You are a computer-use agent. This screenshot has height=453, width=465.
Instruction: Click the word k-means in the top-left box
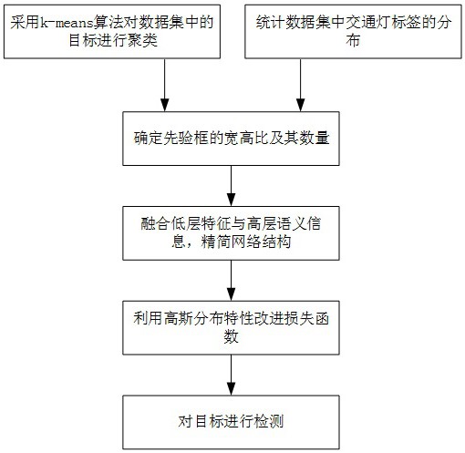point(67,23)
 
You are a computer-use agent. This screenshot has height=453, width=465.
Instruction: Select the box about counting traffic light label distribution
point(353,32)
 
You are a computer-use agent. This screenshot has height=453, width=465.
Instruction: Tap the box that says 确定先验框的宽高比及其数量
point(231,139)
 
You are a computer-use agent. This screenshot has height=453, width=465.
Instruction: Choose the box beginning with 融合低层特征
point(231,233)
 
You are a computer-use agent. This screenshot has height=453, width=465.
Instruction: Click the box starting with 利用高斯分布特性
point(231,328)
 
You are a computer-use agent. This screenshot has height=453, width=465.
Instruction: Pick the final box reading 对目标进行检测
point(231,422)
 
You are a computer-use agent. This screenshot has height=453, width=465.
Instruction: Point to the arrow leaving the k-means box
point(165,85)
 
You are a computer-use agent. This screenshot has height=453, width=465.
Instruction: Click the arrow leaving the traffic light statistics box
point(301,85)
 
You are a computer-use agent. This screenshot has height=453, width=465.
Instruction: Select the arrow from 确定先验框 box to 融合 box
point(232,186)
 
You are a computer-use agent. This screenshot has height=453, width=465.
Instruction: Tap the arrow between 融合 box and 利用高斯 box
point(232,281)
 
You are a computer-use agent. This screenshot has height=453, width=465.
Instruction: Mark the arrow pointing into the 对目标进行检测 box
point(232,375)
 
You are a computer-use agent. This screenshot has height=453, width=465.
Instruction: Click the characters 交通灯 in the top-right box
point(368,23)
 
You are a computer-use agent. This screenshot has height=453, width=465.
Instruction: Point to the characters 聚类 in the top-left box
point(142,40)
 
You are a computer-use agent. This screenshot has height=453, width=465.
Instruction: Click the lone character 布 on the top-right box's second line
point(353,40)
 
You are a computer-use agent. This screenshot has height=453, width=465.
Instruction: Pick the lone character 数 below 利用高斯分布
point(231,336)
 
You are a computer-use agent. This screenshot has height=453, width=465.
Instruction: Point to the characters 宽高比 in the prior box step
point(246,139)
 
